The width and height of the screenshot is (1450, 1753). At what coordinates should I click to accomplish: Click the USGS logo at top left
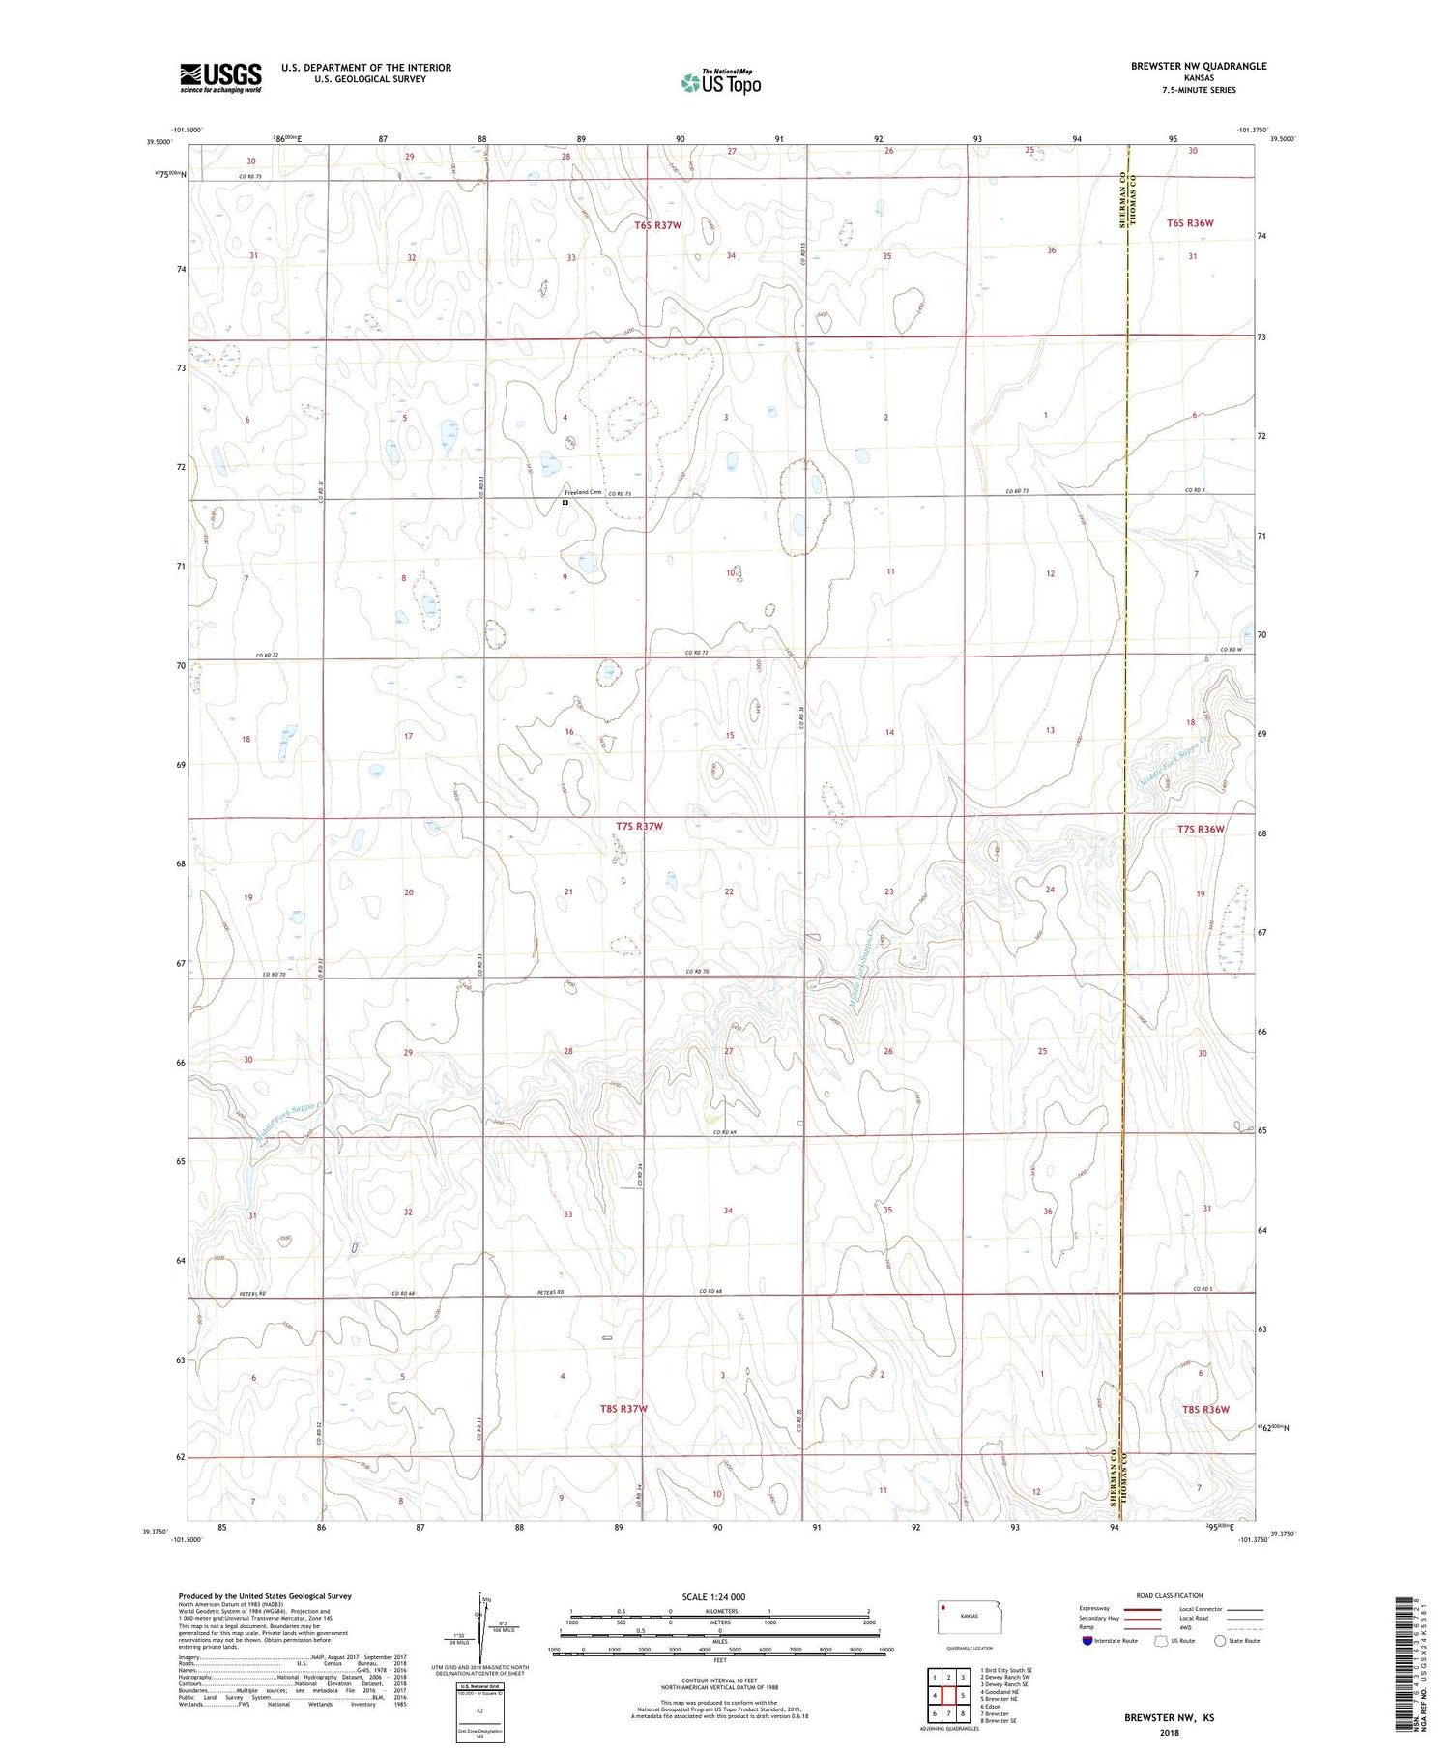tap(220, 77)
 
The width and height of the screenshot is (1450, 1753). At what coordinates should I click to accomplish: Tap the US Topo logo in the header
tap(721, 82)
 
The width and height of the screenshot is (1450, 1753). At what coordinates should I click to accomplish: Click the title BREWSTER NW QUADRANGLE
tap(1198, 66)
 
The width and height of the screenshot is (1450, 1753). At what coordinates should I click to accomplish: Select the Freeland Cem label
tap(583, 492)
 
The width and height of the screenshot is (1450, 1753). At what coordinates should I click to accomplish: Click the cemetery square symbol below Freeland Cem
tap(565, 503)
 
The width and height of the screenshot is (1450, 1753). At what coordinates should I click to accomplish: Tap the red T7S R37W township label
tap(639, 826)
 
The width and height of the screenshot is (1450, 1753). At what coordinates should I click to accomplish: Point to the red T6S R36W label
tap(1189, 223)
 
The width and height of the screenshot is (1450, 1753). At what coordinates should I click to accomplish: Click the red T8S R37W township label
tap(623, 1409)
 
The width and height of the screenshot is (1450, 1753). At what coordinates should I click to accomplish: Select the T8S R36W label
tap(1205, 1409)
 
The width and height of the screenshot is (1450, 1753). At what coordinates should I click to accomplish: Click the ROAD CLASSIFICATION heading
tap(1170, 1595)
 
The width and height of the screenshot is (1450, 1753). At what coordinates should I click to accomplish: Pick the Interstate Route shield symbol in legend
tap(1087, 1641)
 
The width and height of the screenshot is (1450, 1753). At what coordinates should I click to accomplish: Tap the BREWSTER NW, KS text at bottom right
tap(1169, 1718)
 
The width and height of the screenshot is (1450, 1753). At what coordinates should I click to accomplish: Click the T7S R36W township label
tap(1201, 829)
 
